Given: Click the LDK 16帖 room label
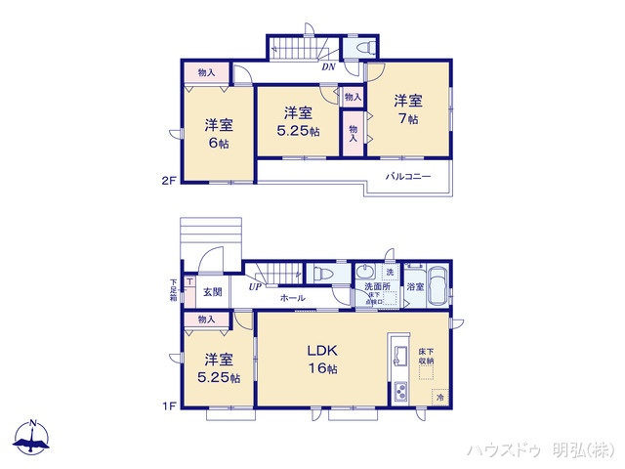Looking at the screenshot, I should pos(322,360).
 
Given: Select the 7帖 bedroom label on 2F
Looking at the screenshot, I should pos(407,108).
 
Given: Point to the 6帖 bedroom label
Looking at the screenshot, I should pos(218,134).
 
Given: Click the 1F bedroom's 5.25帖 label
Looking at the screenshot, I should pos(217,368).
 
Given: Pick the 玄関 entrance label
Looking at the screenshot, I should pos(213,292).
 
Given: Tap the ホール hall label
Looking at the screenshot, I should pos(292,298).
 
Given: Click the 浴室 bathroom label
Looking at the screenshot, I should pos(415,287).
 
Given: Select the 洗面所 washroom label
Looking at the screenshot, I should pos(376,286).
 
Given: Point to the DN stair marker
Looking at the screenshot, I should pos(330,66).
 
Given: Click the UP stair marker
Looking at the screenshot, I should pos(255,285).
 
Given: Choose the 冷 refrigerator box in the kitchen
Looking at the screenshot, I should pos(439,398).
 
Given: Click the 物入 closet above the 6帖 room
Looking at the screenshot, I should pos(206,72).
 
